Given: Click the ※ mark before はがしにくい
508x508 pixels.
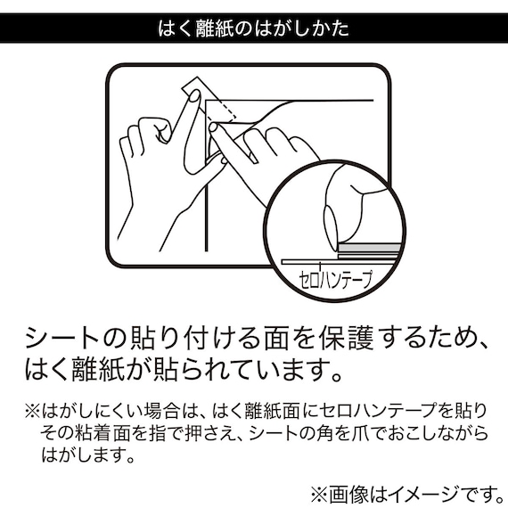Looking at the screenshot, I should pyautogui.click(x=32, y=411).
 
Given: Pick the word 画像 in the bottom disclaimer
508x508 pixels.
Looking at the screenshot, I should pyautogui.click(x=347, y=493).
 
